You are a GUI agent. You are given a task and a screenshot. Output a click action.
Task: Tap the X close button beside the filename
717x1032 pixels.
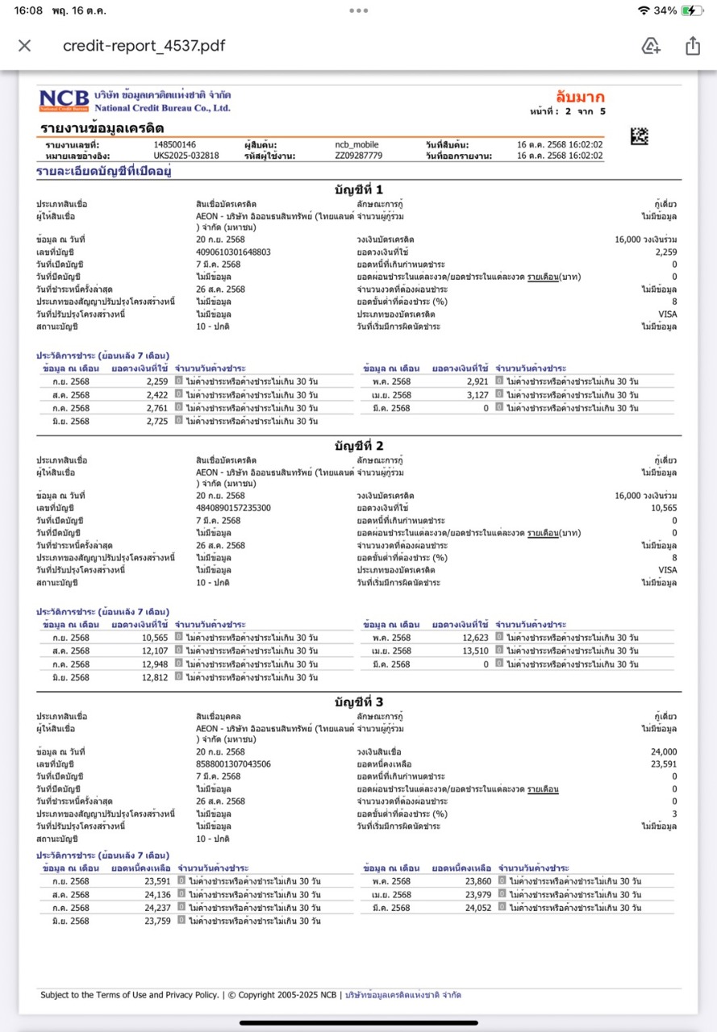coord(24,46)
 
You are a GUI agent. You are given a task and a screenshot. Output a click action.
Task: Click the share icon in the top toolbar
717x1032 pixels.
coord(692,46)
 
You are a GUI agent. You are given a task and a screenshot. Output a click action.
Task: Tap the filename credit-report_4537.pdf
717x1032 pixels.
coord(144,46)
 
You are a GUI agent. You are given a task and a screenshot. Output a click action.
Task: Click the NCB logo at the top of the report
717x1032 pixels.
coord(66,100)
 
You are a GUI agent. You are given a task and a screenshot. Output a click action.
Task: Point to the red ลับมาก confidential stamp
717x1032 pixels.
coord(580,98)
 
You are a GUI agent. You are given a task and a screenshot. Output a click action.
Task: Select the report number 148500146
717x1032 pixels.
coord(174,144)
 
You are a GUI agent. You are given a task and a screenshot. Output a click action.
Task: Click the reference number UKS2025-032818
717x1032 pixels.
coord(186,155)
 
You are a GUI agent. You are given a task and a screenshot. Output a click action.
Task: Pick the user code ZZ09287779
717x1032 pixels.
coord(359,155)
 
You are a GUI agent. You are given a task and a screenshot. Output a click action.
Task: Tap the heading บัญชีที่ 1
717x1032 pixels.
coord(359,189)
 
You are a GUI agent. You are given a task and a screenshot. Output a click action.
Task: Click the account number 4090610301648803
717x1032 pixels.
coord(233,252)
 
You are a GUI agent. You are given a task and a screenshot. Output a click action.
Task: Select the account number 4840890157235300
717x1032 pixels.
coord(233,509)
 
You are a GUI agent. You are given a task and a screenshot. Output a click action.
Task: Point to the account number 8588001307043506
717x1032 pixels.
coord(233,764)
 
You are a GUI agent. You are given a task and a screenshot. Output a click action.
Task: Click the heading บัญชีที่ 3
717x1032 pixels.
coord(359,701)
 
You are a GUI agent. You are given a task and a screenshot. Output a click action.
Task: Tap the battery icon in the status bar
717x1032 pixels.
coord(692,10)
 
